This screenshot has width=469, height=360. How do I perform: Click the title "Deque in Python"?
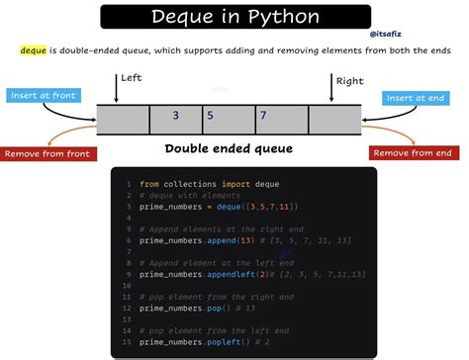click(235, 17)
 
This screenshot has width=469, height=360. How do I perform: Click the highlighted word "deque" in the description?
click(33, 48)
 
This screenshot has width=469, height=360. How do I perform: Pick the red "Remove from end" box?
click(417, 152)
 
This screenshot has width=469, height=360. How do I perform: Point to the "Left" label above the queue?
click(132, 78)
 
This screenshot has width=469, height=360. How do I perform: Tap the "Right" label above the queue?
click(349, 82)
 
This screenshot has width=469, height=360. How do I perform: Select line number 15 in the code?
click(127, 341)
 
